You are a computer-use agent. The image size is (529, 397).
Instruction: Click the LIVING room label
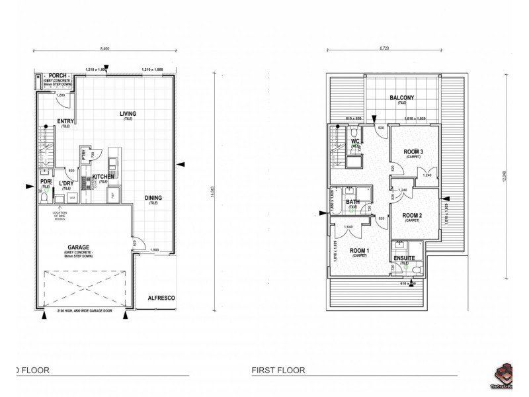click(x=128, y=114)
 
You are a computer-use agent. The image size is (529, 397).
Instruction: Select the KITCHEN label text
click(x=103, y=177)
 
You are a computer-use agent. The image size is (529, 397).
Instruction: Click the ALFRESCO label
click(x=160, y=298)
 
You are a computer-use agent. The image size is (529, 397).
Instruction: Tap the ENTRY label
click(x=66, y=121)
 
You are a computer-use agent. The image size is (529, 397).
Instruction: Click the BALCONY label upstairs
click(x=402, y=98)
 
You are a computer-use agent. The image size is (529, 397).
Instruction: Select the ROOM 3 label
click(x=413, y=152)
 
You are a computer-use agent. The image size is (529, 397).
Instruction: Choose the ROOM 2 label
click(x=412, y=215)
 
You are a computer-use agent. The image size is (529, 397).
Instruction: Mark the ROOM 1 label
click(x=359, y=250)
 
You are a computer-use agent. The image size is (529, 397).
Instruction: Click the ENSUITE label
click(x=403, y=257)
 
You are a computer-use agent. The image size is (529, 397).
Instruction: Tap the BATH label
click(x=353, y=202)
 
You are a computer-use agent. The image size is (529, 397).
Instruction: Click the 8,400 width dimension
click(x=105, y=49)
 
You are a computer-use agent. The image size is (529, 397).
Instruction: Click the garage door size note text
click(x=86, y=311)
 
